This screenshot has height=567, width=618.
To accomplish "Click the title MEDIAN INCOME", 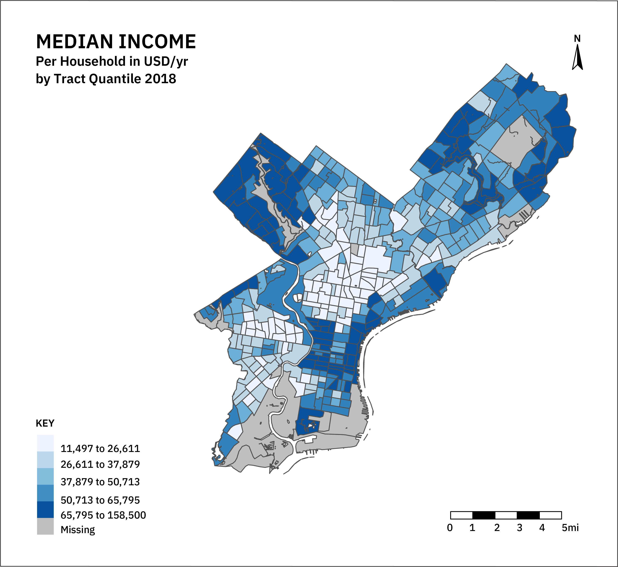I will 116,42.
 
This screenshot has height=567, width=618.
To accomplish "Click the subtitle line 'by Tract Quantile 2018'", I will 106,79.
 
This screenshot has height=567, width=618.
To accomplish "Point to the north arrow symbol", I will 577,58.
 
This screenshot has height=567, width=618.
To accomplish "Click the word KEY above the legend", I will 45,423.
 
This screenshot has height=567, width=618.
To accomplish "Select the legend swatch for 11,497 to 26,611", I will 45,443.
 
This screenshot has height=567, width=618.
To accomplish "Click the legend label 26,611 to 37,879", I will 100,464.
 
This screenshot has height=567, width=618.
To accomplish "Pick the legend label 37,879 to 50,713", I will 100,482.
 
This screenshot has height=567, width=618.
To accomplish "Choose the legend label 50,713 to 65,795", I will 100,500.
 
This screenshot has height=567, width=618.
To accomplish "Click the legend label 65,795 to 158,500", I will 103,515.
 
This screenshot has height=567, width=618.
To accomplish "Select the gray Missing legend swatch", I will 45,526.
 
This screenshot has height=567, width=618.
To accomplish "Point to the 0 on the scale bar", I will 450,528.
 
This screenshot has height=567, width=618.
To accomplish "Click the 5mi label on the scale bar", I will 570,528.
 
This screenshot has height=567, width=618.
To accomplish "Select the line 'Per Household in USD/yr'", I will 112,61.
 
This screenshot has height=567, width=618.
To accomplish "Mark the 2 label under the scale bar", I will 497,528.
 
